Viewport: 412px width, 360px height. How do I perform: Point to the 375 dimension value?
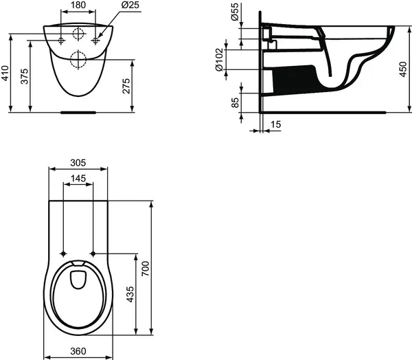[25, 78]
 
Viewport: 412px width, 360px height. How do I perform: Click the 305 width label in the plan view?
[79, 164]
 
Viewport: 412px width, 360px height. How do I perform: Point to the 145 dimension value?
[78, 179]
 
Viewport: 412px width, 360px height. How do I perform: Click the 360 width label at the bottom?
[79, 352]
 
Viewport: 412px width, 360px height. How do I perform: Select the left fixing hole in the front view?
[61, 39]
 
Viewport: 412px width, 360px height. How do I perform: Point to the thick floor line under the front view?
[78, 111]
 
